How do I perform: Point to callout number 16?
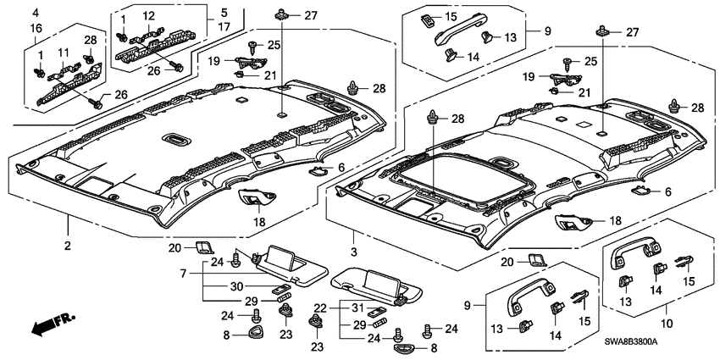point(35,29)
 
